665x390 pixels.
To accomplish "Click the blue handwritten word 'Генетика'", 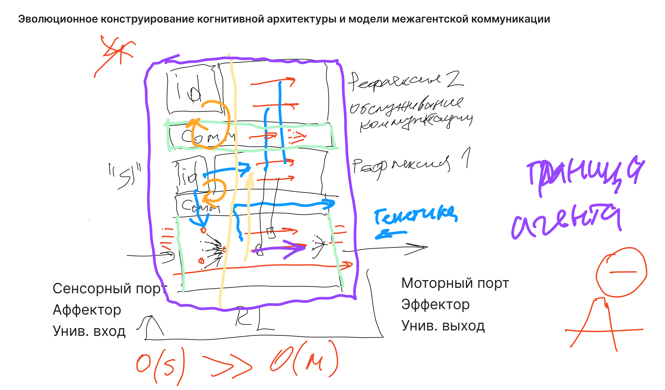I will (x=416, y=215).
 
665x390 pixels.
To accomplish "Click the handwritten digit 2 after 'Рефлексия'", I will (x=454, y=79).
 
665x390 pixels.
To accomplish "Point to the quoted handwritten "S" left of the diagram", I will (x=125, y=176).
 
